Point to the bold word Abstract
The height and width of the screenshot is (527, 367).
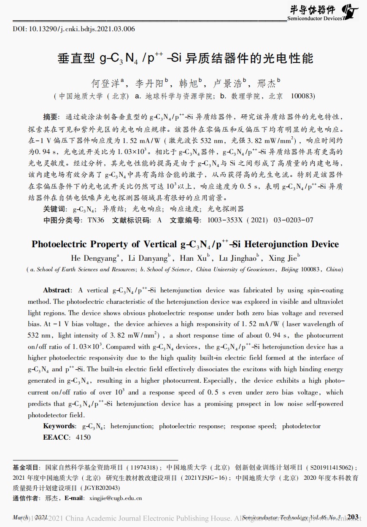pos(57,290)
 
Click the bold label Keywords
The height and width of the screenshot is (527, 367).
pos(59,426)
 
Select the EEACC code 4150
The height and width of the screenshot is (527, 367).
pos(83,438)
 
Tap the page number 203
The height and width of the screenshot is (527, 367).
pos(353,517)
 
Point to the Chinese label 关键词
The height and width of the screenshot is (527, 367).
pos(54,209)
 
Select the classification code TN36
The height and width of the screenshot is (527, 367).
pos(96,220)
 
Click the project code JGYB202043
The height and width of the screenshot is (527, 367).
pos(102,488)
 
